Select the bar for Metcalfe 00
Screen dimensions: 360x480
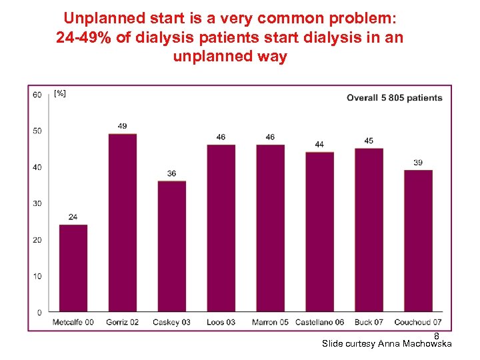pyautogui.click(x=73, y=268)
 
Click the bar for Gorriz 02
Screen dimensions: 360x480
pyautogui.click(x=123, y=223)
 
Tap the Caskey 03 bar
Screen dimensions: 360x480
pyautogui.click(x=172, y=246)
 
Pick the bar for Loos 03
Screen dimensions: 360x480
pyautogui.click(x=221, y=228)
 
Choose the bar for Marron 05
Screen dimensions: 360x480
pyautogui.click(x=270, y=228)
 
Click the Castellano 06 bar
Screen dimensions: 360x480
pyautogui.click(x=319, y=232)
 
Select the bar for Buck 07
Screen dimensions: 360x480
pyautogui.click(x=369, y=230)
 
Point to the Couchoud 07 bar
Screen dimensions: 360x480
pyautogui.click(x=418, y=241)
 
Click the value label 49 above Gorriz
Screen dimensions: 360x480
pyautogui.click(x=123, y=126)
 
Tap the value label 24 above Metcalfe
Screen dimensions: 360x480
pyautogui.click(x=73, y=217)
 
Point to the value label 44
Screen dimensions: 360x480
pyautogui.click(x=319, y=144)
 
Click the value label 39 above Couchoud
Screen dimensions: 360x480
pyautogui.click(x=418, y=162)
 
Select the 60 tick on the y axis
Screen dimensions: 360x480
pyautogui.click(x=37, y=94)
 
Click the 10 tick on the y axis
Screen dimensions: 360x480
pyautogui.click(x=37, y=276)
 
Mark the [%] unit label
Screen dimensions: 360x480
pyautogui.click(x=60, y=94)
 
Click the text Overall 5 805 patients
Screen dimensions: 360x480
pyautogui.click(x=394, y=98)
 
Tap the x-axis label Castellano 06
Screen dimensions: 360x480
pyautogui.click(x=319, y=323)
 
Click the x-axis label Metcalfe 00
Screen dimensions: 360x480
pyautogui.click(x=73, y=323)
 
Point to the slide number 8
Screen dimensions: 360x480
pyautogui.click(x=437, y=335)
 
